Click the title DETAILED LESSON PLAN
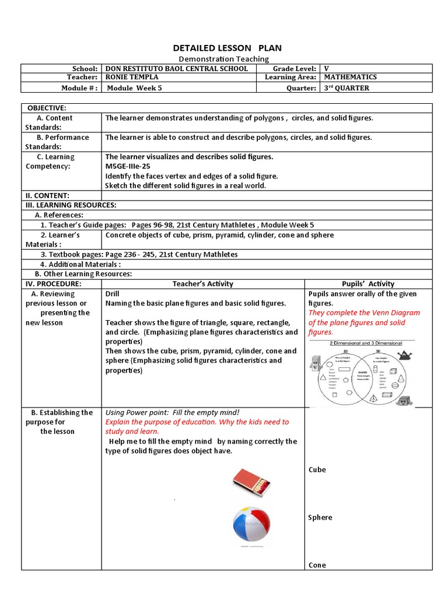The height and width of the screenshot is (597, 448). coord(223,48)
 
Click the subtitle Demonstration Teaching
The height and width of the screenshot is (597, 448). coord(223,59)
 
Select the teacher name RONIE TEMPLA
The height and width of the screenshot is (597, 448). coord(132,78)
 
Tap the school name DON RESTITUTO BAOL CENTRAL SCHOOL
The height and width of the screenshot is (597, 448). coord(176,69)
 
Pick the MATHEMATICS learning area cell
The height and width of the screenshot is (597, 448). coord(350,78)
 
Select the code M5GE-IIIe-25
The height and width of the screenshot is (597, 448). coord(128,166)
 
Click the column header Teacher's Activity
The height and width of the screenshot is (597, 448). coord(202,284)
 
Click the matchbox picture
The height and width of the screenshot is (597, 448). coord(251,482)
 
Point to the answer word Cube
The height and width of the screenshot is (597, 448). coord(317,470)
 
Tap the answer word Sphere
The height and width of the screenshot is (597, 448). coord(320,518)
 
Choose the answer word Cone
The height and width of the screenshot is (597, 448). coord(317,565)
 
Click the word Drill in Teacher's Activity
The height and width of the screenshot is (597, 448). coord(112,294)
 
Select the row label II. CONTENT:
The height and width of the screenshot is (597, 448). coord(47,195)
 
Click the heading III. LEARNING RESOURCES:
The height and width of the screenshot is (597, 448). coord(71,205)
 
